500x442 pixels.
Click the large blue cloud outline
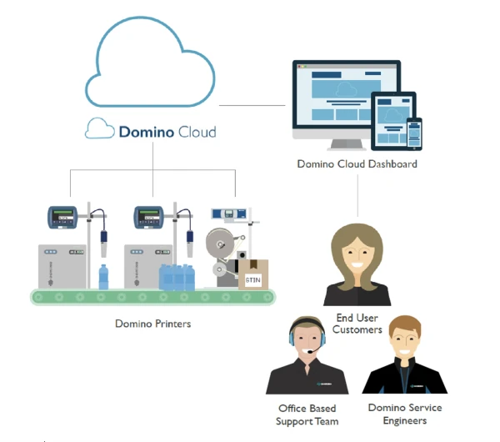click(150, 63)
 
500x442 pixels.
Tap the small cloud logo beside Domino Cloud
click(98, 129)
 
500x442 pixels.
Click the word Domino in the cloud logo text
click(147, 131)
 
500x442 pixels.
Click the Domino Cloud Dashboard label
click(357, 164)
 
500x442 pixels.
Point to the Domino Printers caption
click(152, 323)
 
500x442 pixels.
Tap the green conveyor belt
click(150, 297)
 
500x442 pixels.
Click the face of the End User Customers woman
click(357, 251)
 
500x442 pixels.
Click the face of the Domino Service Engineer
click(404, 342)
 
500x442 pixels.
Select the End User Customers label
click(357, 324)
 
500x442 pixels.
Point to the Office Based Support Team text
click(307, 414)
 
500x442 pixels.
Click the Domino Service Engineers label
click(405, 414)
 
